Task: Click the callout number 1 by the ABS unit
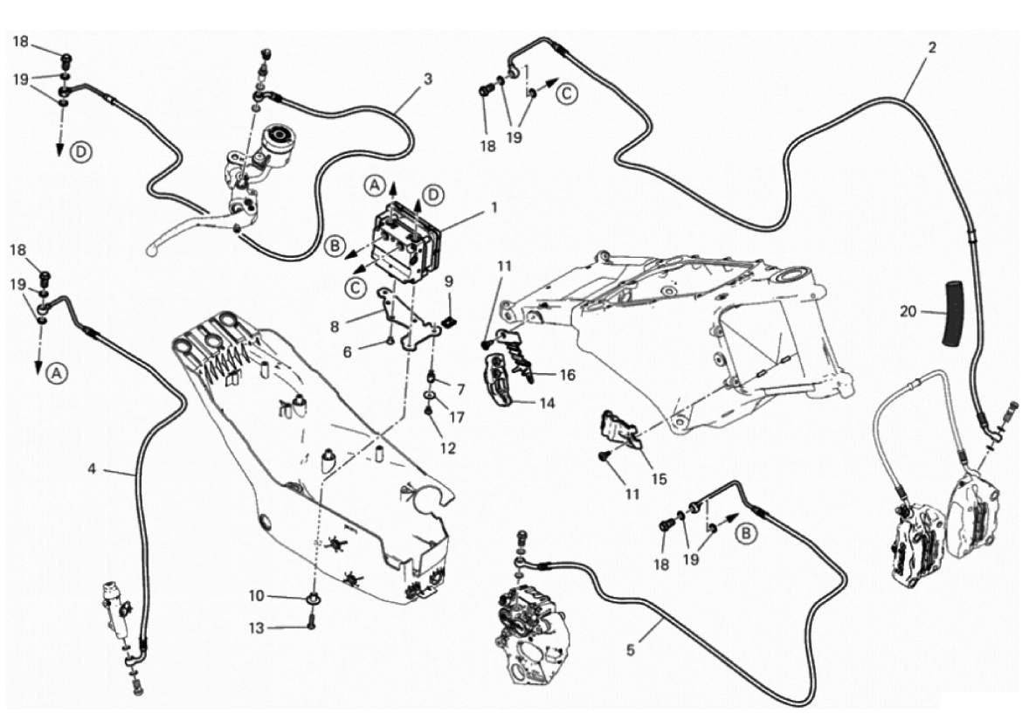point(494,208)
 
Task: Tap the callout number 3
point(427,79)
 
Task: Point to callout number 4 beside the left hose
point(92,468)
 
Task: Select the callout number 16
point(568,374)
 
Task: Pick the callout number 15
point(660,479)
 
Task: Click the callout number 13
point(256,627)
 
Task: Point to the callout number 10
point(256,596)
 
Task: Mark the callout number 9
point(448,281)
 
